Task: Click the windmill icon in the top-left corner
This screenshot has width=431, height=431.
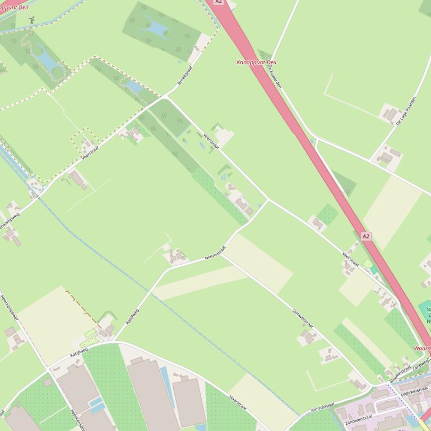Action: [x=31, y=20]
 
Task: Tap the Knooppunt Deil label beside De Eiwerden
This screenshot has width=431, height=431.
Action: [x=257, y=62]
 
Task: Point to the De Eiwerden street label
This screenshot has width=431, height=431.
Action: [x=274, y=74]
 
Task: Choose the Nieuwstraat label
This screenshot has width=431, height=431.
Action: [x=215, y=253]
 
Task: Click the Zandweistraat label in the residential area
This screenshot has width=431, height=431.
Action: [x=359, y=418]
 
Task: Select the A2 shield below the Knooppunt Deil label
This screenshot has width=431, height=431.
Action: [x=366, y=236]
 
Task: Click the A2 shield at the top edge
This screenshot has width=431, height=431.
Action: [x=219, y=2]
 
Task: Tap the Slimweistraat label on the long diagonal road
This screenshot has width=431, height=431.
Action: [x=303, y=318]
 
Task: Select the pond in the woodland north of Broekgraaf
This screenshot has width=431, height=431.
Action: [x=156, y=25]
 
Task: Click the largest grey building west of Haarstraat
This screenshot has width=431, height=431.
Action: [x=153, y=395]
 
